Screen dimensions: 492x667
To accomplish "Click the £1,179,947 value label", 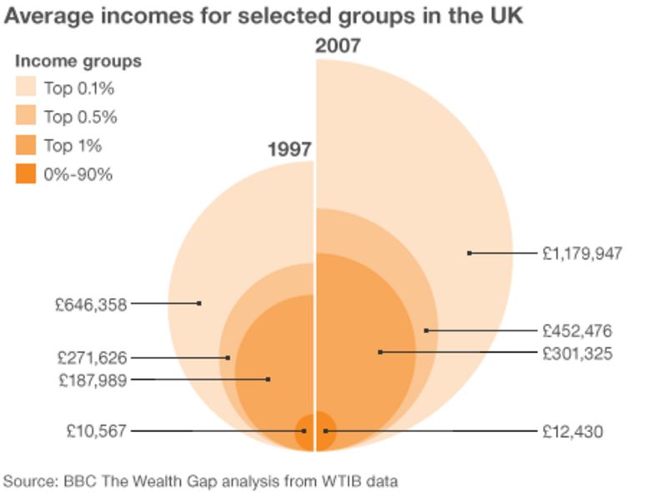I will click(x=582, y=253).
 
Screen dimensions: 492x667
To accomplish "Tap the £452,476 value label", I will click(x=577, y=330).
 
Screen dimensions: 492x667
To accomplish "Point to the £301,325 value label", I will click(x=577, y=353).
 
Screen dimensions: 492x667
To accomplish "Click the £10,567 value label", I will click(x=97, y=431).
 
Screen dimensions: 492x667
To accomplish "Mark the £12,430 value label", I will click(x=572, y=431).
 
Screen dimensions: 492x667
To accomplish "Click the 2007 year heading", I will click(x=338, y=46).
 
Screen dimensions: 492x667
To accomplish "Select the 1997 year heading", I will click(x=289, y=150).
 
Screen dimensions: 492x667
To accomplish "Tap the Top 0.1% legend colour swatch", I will click(x=26, y=89).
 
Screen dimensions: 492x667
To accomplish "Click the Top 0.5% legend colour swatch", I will click(x=26, y=117).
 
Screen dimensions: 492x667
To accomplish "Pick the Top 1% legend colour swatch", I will click(x=26, y=146).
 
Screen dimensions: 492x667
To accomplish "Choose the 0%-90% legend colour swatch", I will click(x=26, y=174).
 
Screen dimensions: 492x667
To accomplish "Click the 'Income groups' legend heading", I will click(x=78, y=62).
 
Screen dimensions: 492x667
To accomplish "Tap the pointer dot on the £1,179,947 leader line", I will click(x=469, y=253).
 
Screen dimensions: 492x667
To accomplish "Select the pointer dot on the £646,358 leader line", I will click(x=199, y=303).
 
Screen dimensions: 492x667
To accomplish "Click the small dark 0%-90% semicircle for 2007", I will click(x=326, y=431).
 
